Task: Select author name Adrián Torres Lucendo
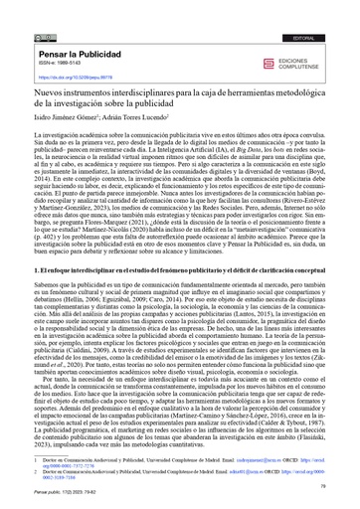pos(143,115)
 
